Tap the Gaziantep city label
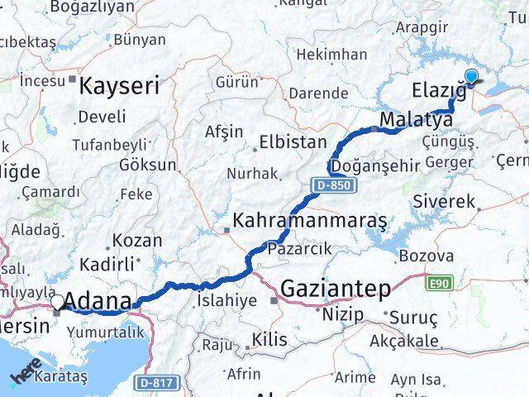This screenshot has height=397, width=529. tap(336, 288)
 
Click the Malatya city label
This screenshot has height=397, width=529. tap(416, 121)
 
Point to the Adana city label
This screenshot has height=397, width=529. tap(98, 301)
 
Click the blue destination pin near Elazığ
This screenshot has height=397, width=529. tap(471, 78)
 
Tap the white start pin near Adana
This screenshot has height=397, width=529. tap(57, 303)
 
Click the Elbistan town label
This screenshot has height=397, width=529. tap(288, 141)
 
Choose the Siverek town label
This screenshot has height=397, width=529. tap(444, 201)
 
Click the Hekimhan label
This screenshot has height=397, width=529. tap(331, 55)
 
